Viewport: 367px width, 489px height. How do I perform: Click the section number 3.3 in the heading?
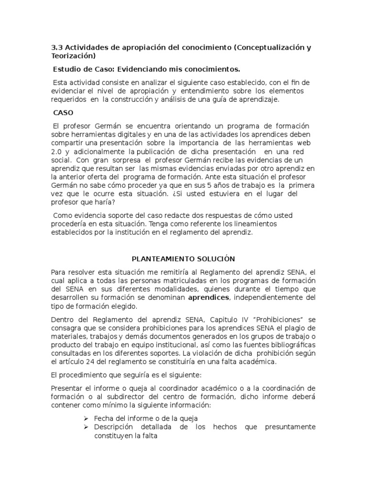56,48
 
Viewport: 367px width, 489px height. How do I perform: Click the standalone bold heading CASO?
64,113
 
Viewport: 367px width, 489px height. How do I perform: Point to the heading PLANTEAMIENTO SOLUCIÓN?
183,259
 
